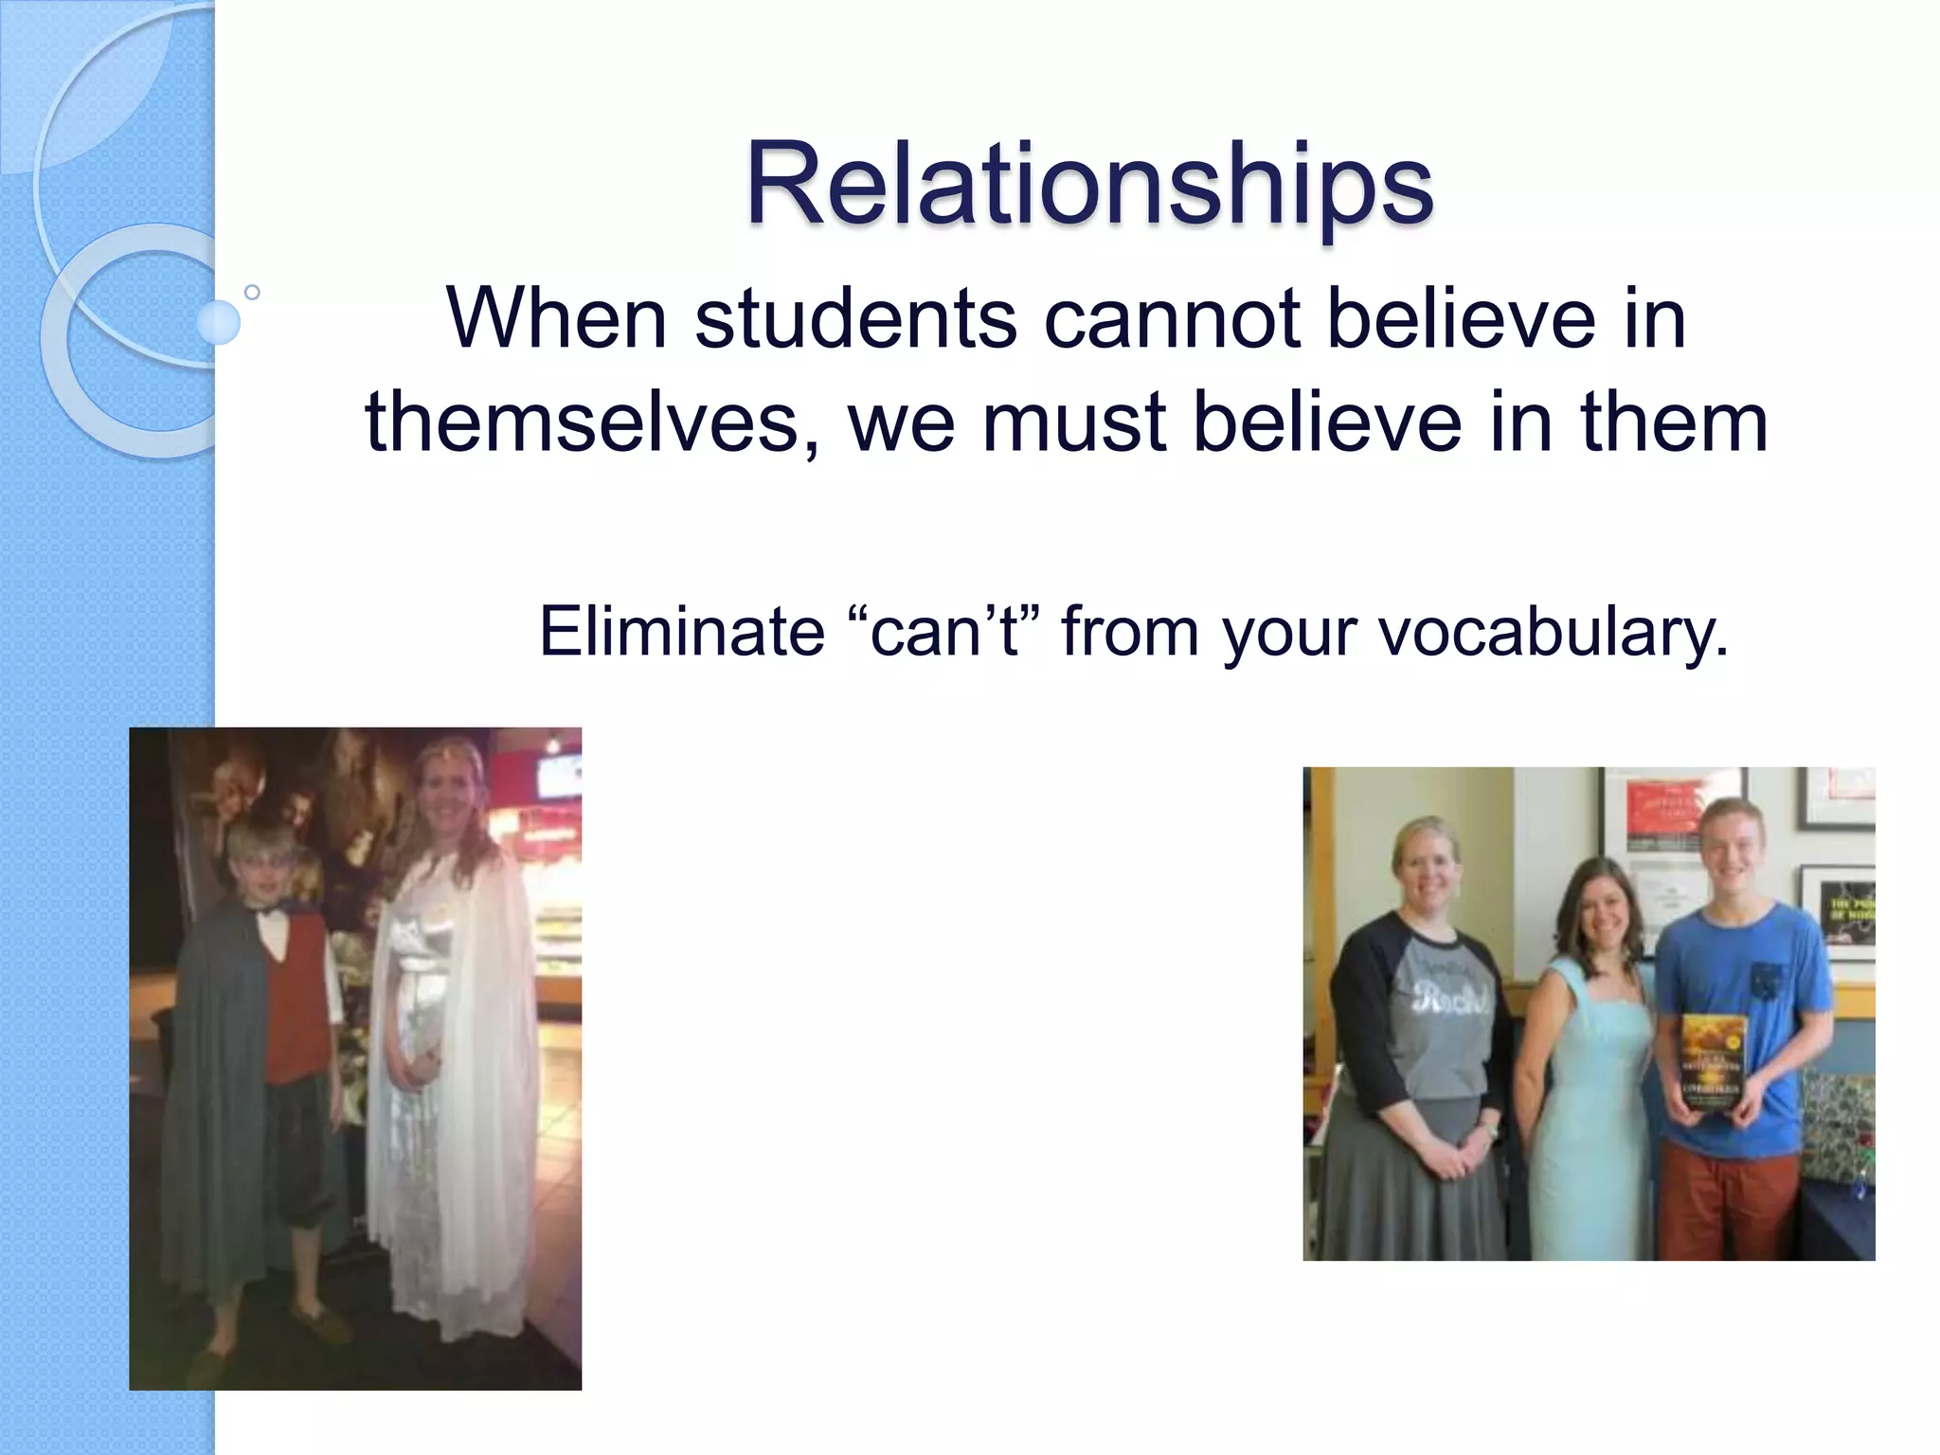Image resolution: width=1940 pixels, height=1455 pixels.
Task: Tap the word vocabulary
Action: tap(1554, 633)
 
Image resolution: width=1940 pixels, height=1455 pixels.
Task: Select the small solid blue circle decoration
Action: tap(218, 322)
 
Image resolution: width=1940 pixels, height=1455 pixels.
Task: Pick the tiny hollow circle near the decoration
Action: tap(252, 292)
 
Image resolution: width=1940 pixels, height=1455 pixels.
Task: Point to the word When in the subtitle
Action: tap(557, 318)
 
